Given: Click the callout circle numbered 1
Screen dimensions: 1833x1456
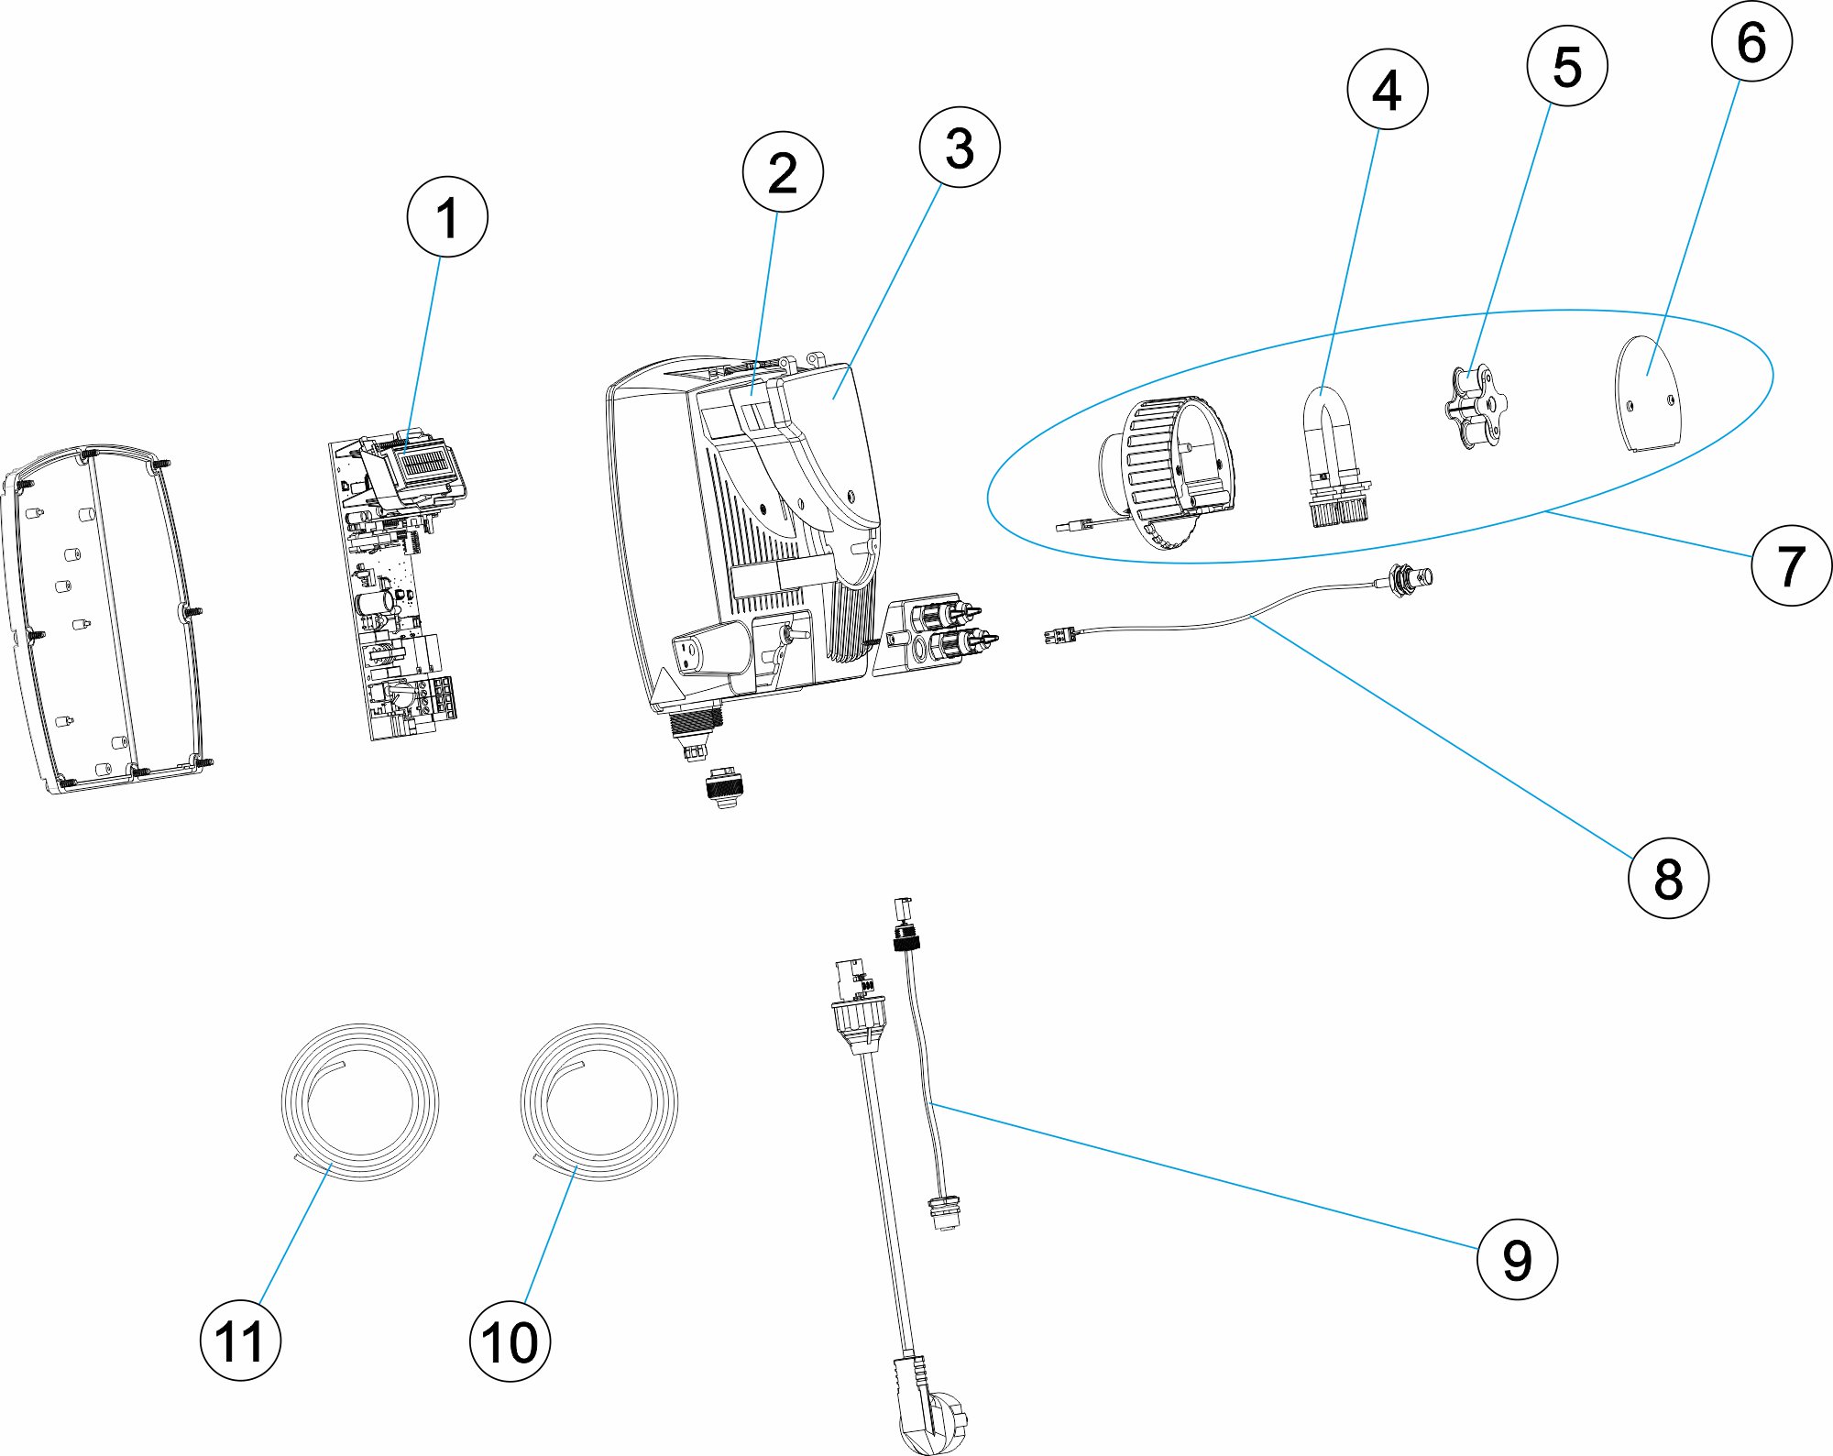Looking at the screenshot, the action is click(x=447, y=217).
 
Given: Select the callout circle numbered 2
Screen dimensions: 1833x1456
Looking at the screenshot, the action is click(x=783, y=172).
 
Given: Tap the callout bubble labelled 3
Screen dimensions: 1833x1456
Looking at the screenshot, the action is click(x=960, y=148).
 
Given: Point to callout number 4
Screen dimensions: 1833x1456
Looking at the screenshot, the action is click(x=1388, y=90).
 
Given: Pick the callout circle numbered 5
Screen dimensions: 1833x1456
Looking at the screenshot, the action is click(x=1567, y=66).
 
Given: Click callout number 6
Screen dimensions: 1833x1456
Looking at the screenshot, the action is click(x=1751, y=42).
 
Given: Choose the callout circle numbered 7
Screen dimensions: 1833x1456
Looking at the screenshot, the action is click(x=1791, y=565).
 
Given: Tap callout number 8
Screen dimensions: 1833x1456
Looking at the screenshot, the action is click(x=1668, y=878).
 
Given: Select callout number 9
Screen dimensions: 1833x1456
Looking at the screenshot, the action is click(x=1517, y=1260).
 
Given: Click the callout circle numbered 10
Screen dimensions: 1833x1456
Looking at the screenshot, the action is click(x=510, y=1341).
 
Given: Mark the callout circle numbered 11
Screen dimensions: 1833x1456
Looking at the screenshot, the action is click(x=240, y=1341).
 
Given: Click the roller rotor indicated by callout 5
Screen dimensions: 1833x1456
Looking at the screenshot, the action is click(x=1473, y=407).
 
